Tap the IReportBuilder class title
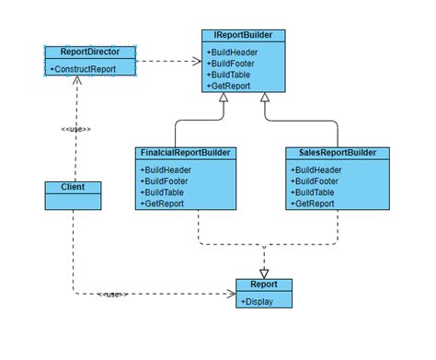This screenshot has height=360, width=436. [x=243, y=35]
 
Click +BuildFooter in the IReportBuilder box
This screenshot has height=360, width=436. [x=232, y=63]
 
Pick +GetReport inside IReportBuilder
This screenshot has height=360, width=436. [x=230, y=85]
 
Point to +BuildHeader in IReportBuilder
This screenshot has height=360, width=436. [x=233, y=52]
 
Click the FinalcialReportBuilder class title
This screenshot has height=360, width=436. [x=186, y=152]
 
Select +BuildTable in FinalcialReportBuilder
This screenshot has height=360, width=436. [x=163, y=192]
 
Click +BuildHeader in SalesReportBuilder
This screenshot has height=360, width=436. [x=316, y=169]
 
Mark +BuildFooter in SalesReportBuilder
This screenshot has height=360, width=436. [x=315, y=180]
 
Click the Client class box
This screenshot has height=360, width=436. [x=73, y=188]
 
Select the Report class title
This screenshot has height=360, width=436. [x=264, y=285]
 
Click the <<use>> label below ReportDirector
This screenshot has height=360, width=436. [x=76, y=129]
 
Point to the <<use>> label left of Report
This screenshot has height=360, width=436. [x=111, y=295]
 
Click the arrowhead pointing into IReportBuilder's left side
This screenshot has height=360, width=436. [x=197, y=62]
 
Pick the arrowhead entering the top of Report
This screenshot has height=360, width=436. [x=264, y=273]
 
